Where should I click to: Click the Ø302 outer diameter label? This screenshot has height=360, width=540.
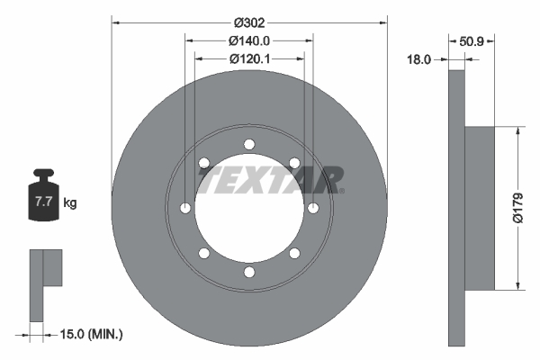(x=249, y=22)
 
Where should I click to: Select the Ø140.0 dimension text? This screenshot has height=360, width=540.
(x=249, y=40)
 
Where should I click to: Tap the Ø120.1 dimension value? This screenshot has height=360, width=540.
(x=249, y=58)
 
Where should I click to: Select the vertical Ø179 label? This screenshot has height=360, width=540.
(x=518, y=208)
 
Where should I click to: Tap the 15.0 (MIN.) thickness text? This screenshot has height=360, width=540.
(x=91, y=334)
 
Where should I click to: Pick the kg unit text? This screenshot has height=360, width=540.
(x=70, y=203)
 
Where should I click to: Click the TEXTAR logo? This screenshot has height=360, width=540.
(x=270, y=180)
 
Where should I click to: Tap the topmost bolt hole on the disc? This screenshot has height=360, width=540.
(x=249, y=144)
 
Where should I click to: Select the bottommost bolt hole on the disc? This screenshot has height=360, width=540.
(x=249, y=273)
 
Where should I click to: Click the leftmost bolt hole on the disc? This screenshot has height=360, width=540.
(x=185, y=209)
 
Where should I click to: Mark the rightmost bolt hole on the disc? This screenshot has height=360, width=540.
(x=313, y=209)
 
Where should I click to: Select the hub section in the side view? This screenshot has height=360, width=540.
(x=481, y=208)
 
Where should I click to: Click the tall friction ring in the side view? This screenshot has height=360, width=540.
(x=456, y=208)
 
